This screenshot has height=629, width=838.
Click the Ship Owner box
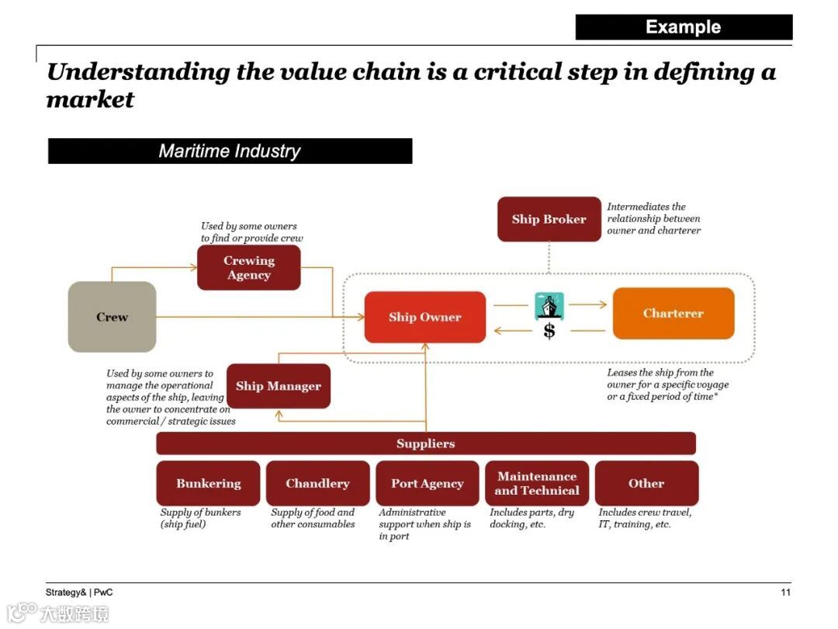pyautogui.click(x=425, y=317)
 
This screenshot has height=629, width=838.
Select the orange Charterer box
pyautogui.click(x=673, y=314)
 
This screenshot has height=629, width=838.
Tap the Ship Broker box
pyautogui.click(x=549, y=219)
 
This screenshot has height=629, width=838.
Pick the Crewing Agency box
pyautogui.click(x=248, y=268)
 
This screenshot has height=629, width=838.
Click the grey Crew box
pyautogui.click(x=113, y=317)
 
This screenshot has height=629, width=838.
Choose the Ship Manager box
pyautogui.click(x=278, y=386)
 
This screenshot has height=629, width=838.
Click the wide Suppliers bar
pyautogui.click(x=425, y=443)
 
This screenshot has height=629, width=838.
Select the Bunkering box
pyautogui.click(x=208, y=483)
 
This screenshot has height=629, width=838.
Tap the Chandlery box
pyautogui.click(x=317, y=483)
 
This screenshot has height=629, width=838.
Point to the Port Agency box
pyautogui.click(x=427, y=483)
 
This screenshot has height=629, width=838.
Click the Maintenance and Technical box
pyautogui.click(x=537, y=483)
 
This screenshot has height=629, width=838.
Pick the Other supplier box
pyautogui.click(x=646, y=483)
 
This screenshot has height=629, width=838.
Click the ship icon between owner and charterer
pyautogui.click(x=549, y=306)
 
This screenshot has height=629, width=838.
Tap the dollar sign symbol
pyautogui.click(x=549, y=332)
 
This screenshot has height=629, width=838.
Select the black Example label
pyautogui.click(x=684, y=27)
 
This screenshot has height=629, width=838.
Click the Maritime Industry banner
pyautogui.click(x=230, y=151)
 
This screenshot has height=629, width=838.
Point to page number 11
pyautogui.click(x=785, y=593)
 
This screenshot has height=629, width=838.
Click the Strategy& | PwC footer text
pyautogui.click(x=79, y=593)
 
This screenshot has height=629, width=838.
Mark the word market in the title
pyautogui.click(x=90, y=100)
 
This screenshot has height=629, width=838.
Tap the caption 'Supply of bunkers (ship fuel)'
pyautogui.click(x=200, y=518)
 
